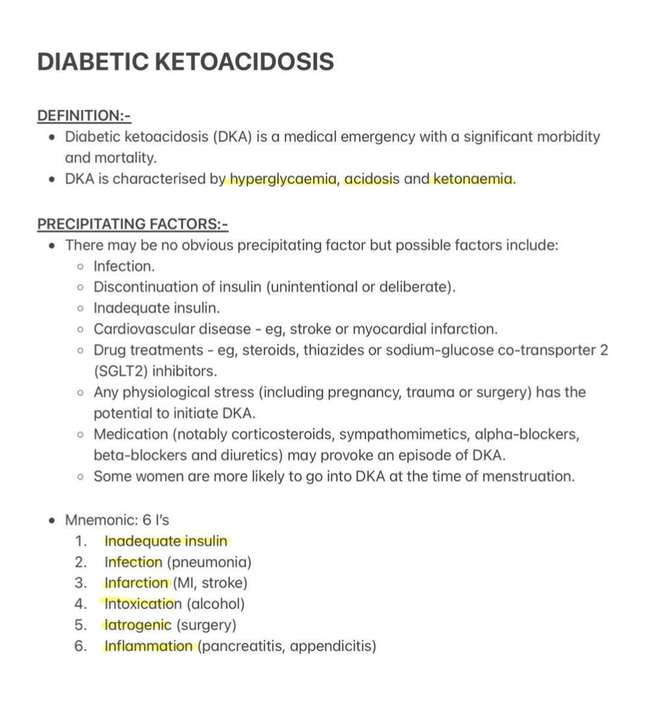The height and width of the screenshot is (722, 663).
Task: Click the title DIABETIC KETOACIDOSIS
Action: (x=186, y=62)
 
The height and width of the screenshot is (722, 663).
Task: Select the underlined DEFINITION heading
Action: (x=84, y=116)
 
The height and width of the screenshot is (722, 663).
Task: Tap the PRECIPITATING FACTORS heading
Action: (x=132, y=224)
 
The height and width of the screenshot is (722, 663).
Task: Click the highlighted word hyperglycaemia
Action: (x=283, y=179)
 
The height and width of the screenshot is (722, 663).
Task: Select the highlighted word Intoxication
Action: (x=143, y=604)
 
